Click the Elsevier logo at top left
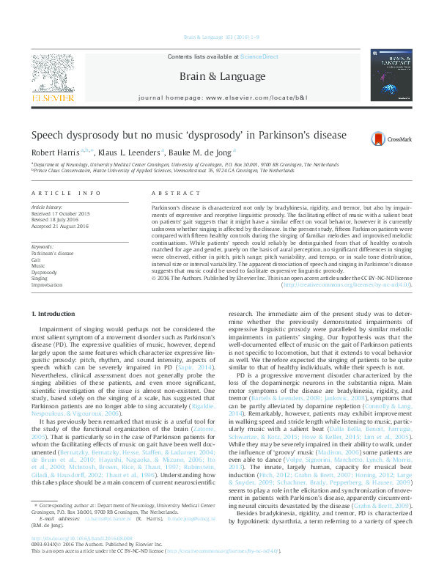pos(52,79)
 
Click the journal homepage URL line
pos(218,97)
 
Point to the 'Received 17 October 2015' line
pos(61,214)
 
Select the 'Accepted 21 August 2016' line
pos(60,226)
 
